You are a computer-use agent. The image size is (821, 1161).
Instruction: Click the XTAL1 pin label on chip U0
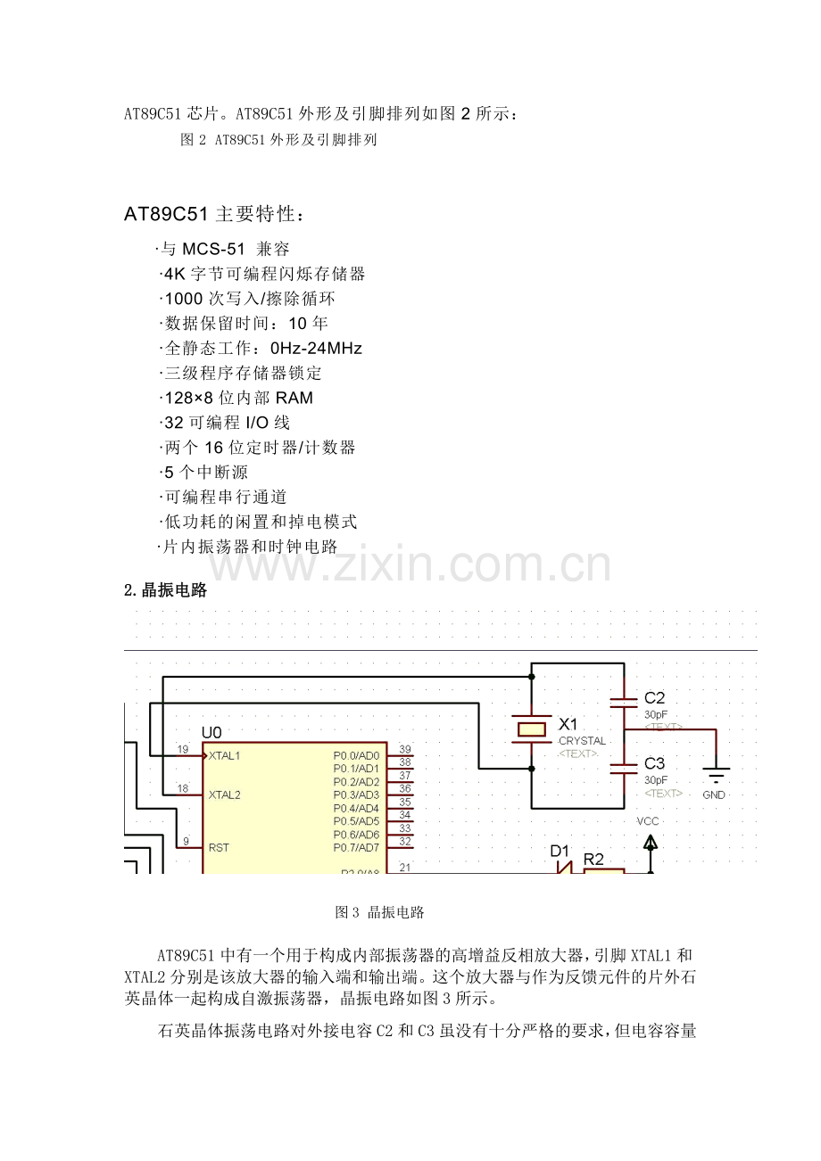coord(224,755)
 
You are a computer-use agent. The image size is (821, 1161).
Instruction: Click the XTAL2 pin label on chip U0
coord(225,795)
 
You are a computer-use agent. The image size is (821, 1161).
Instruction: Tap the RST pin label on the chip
coord(219,847)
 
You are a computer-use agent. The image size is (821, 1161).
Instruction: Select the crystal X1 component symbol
coord(532,729)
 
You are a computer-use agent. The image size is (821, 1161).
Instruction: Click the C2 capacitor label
coord(654,698)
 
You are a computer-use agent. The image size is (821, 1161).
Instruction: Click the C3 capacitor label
coord(654,763)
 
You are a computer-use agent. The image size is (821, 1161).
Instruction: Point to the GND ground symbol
coord(716,774)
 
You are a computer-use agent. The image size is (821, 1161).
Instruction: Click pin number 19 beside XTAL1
coord(183,749)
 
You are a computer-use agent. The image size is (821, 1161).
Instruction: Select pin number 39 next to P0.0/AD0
coord(405,749)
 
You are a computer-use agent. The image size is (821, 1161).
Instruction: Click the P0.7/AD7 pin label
coord(356,847)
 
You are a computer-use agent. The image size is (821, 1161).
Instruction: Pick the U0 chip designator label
coord(211,732)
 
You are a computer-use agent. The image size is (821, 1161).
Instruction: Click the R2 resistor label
coord(593,860)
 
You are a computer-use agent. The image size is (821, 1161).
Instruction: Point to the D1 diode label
coord(560,851)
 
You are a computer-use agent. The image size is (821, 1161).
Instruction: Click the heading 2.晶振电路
coord(165,589)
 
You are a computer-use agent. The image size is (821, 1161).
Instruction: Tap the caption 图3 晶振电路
coord(379,912)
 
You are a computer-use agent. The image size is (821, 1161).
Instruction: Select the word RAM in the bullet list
coord(294,398)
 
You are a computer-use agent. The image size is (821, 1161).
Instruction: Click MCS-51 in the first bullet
coord(213,250)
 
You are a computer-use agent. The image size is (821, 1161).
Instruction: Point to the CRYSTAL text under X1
coord(582,741)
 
